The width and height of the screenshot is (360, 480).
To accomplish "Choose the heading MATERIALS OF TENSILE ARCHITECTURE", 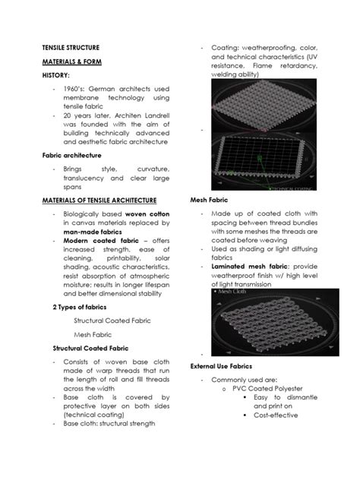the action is point(99,200).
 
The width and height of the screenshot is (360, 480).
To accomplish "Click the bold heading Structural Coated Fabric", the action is point(89,347).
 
